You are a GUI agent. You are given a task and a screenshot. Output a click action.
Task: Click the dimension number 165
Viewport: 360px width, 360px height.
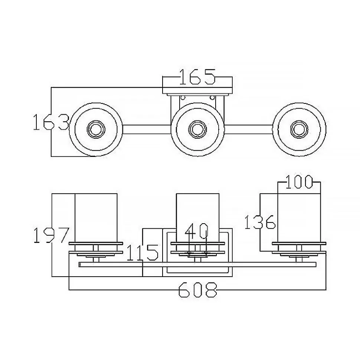point(197,77)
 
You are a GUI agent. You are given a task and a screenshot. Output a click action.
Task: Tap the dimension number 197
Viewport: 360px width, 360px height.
point(51,235)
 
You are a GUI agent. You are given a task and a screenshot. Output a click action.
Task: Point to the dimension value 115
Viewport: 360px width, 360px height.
point(143,253)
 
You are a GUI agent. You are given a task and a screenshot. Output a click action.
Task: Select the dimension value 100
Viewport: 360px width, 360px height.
point(299,182)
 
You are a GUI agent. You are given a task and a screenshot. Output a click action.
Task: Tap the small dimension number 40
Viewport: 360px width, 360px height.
point(197,231)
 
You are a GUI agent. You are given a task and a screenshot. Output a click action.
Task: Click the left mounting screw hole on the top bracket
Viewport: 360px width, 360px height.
point(182,98)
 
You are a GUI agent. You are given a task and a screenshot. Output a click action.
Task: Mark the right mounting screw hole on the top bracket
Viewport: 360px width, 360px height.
point(212,98)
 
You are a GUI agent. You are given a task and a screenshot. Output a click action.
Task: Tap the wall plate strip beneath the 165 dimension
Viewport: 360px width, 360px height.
point(197,90)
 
